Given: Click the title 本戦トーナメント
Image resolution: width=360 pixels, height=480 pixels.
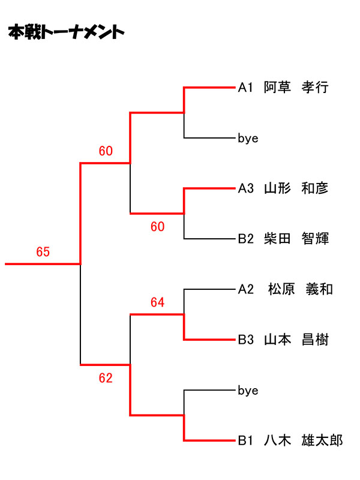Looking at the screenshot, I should pos(67,32).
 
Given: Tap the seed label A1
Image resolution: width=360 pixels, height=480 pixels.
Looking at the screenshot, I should pos(246,88).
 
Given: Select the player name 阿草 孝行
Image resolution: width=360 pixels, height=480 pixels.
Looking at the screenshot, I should pos(296,88).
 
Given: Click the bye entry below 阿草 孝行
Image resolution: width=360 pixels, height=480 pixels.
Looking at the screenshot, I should pos(248,139).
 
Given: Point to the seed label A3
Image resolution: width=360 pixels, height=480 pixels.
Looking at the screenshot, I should pos(246,188).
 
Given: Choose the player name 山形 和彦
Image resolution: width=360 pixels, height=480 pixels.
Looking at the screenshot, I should pos(296,188).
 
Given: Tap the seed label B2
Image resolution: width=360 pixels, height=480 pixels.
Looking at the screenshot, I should pos(246,239).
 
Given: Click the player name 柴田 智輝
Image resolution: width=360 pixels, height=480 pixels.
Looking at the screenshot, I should pos(296,239).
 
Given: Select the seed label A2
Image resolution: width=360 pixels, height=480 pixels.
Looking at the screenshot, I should pos(246,290).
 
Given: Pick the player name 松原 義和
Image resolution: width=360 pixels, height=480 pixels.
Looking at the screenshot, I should pos(300,290).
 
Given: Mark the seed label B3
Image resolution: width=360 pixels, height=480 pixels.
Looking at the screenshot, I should pos(246,340).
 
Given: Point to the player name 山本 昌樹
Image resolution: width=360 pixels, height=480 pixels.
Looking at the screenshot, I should pos(296,340).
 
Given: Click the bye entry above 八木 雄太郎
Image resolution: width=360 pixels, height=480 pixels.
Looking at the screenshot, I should pos(248,391).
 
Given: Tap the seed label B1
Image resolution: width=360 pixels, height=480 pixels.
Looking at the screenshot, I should pos(246,441).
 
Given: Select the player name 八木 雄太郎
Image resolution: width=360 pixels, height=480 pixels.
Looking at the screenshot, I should pos(304,441).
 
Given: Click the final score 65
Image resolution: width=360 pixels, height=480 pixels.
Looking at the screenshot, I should pos(43,252).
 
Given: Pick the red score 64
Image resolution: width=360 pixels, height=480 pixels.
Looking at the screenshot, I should pos(157,303).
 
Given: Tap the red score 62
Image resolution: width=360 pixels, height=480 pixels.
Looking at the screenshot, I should pos(106,378).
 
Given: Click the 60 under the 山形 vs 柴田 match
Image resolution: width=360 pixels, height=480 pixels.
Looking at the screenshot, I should pos(157,227).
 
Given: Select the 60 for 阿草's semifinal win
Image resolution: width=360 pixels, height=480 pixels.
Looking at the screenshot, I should pos(106,151).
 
